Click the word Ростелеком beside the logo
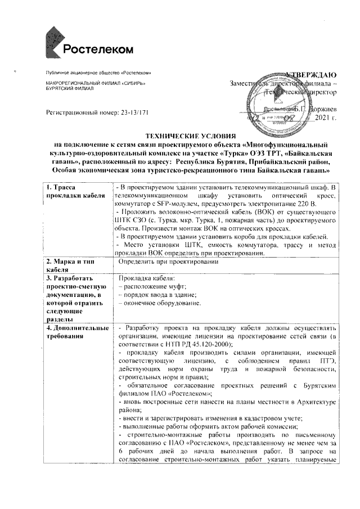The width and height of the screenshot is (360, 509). [x=98, y=49]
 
